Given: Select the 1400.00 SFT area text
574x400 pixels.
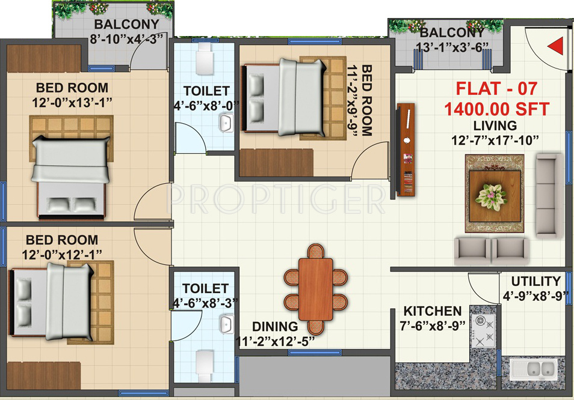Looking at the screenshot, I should pos(496,109).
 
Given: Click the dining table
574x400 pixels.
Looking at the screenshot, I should pos(316,289).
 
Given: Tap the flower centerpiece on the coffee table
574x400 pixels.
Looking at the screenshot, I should pos(492,194).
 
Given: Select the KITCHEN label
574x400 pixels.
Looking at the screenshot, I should pos(433,312).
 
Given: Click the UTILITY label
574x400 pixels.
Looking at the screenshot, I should pos(535,281).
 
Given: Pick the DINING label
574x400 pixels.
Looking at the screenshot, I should pos(275,327).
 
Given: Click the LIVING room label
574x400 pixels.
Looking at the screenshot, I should pos(495,126).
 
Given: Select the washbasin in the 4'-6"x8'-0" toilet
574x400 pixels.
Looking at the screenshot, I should pos(226,124).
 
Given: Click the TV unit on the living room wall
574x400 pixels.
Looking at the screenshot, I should pos(406,149).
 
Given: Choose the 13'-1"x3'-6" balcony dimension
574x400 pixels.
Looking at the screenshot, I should pos(451,47).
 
